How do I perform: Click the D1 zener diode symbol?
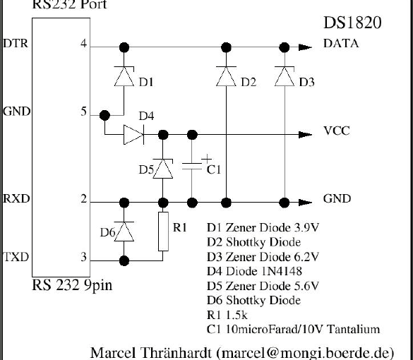click(x=124, y=76)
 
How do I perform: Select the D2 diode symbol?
click(x=226, y=76)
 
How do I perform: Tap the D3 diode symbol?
click(x=285, y=76)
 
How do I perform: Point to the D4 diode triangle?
click(x=134, y=135)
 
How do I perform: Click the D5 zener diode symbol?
click(x=163, y=169)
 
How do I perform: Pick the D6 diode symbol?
click(x=124, y=232)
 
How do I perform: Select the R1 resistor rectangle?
click(x=163, y=232)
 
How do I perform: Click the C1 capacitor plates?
click(x=192, y=166)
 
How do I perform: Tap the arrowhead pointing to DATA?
click(x=306, y=47)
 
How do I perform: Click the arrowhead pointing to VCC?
click(x=306, y=135)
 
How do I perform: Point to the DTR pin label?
click(x=16, y=44)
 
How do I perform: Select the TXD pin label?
click(x=16, y=257)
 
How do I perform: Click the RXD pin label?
click(x=16, y=198)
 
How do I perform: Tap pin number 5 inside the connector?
click(x=83, y=112)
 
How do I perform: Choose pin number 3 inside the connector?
click(x=83, y=257)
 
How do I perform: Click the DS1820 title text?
click(x=352, y=23)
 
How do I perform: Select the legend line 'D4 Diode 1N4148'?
click(x=254, y=271)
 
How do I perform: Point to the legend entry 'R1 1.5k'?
click(x=227, y=315)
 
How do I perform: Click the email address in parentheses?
click(x=306, y=353)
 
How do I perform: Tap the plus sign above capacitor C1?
click(x=206, y=159)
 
